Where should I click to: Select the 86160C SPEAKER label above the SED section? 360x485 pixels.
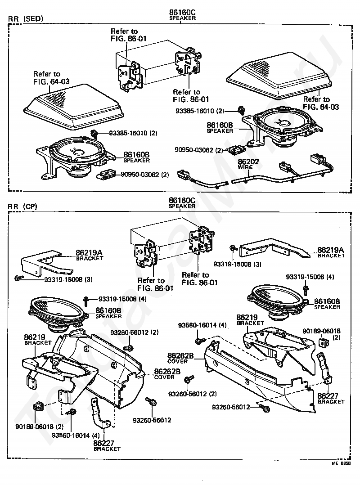182,16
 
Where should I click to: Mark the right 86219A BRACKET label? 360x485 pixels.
331,252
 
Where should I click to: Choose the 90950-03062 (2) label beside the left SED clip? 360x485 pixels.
144,175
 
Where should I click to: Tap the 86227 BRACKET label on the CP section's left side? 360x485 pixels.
107,445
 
